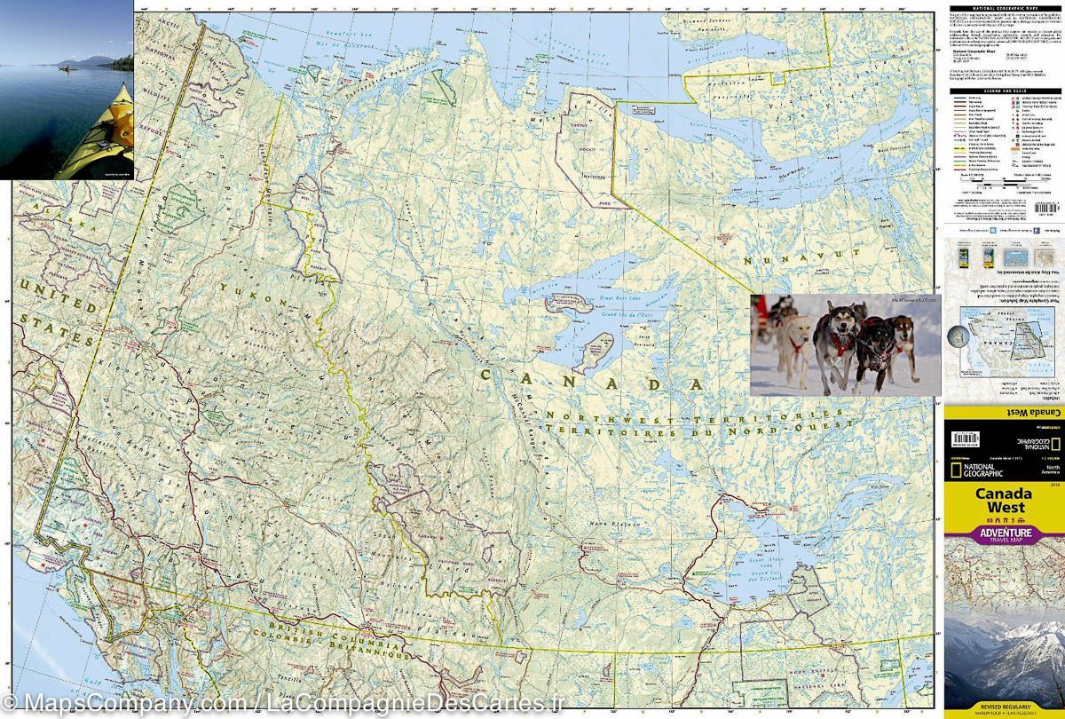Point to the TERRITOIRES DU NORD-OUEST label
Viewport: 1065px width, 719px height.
698,428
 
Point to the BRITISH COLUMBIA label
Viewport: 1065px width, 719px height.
325,637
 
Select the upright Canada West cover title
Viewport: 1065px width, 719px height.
1004,501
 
